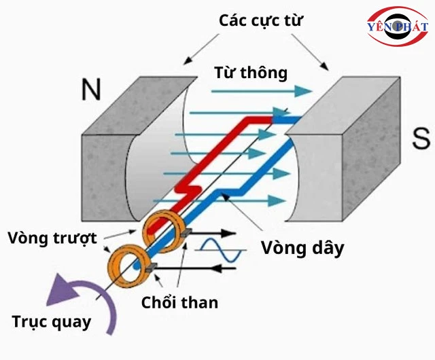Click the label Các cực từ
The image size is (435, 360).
tap(260, 20)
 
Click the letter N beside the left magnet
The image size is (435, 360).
tap(92, 89)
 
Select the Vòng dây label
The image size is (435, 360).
tap(302, 248)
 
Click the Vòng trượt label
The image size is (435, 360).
tap(53, 238)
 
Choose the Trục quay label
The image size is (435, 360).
tap(52, 321)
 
